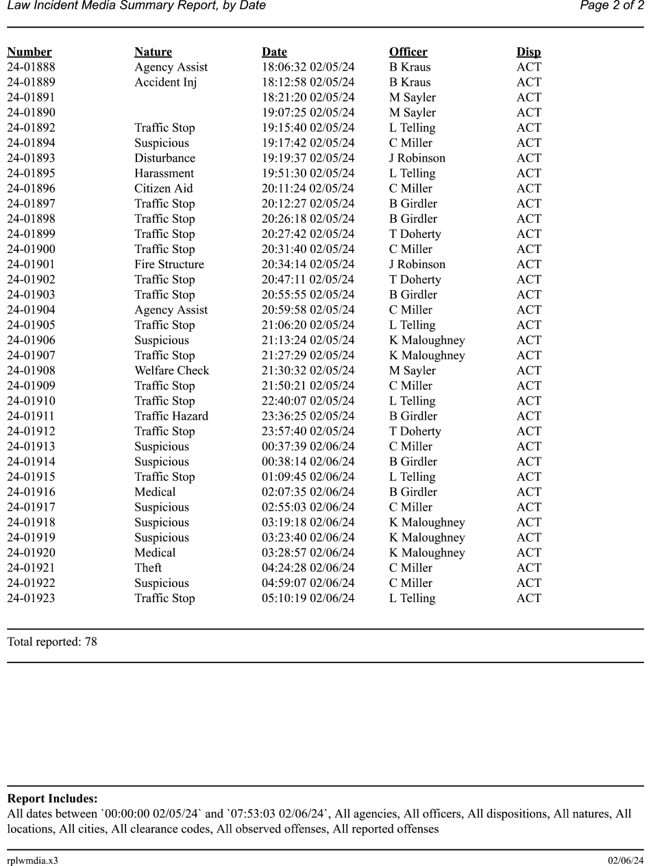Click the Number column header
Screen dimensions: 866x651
pyautogui.click(x=29, y=52)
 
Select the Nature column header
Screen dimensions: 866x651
pyautogui.click(x=153, y=52)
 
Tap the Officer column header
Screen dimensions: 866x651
pyautogui.click(x=408, y=52)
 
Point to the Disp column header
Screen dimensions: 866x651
pyautogui.click(x=528, y=52)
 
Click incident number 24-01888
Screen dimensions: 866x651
pyautogui.click(x=31, y=67)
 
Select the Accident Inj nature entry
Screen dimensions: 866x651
pyautogui.click(x=165, y=82)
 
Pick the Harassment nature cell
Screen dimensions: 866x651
pyautogui.click(x=164, y=173)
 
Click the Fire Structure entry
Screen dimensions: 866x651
pyautogui.click(x=169, y=265)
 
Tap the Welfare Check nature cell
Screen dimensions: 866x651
pyautogui.click(x=171, y=371)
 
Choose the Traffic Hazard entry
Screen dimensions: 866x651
pyautogui.click(x=171, y=416)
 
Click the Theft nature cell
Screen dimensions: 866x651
pyautogui.click(x=148, y=568)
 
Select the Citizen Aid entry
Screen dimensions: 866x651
pyautogui.click(x=163, y=189)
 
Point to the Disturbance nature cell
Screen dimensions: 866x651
pyautogui.click(x=164, y=158)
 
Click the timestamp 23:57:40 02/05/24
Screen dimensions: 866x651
pyautogui.click(x=308, y=431)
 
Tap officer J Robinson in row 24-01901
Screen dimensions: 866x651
pyautogui.click(x=417, y=265)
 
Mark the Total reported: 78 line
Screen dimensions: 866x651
pyautogui.click(x=52, y=642)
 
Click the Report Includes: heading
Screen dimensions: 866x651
pyautogui.click(x=52, y=799)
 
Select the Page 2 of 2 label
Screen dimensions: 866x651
pyautogui.click(x=611, y=6)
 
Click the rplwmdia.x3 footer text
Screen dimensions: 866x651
pyautogui.click(x=32, y=861)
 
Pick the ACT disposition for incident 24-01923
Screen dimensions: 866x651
pyautogui.click(x=528, y=599)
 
